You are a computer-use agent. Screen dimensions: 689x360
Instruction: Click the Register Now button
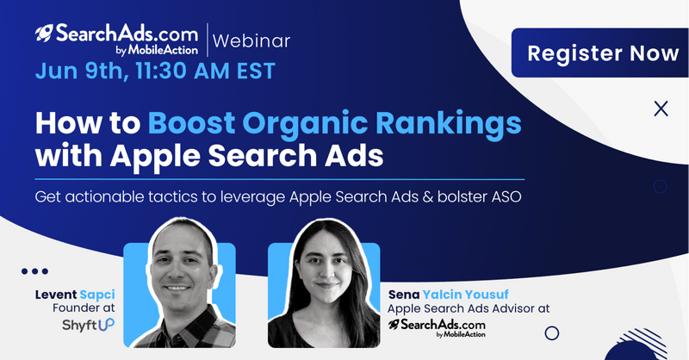point(600,53)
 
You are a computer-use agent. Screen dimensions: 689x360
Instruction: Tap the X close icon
point(661,109)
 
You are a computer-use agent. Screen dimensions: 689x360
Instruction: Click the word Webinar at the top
point(251,40)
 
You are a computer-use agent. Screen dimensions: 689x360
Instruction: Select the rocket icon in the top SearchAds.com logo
point(44,34)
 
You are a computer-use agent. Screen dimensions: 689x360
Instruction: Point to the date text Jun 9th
point(82,71)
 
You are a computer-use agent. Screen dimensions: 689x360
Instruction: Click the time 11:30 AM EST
point(205,71)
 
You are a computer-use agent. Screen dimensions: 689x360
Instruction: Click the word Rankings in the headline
point(449,124)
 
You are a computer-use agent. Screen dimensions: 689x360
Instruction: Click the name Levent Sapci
point(75,295)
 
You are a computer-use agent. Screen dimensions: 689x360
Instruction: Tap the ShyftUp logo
point(89,325)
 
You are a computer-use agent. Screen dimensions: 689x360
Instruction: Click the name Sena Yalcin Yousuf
point(448,295)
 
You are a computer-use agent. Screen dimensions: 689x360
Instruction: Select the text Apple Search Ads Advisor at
point(469,308)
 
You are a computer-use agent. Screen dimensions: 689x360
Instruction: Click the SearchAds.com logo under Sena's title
point(437,328)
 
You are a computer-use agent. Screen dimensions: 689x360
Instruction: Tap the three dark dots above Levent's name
point(34,271)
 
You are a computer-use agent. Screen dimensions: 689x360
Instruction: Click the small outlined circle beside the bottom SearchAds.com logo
point(552,333)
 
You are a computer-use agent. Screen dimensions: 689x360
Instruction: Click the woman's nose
point(326,271)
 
